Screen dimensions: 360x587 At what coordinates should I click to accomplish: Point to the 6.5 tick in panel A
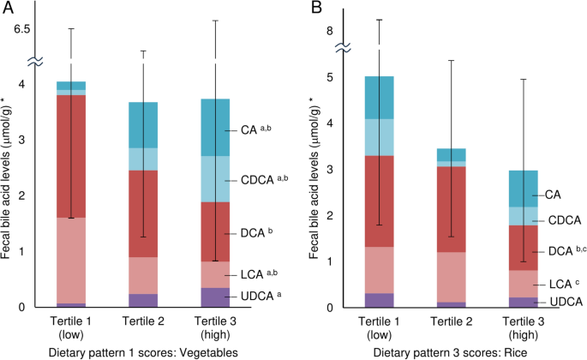click(x=19, y=28)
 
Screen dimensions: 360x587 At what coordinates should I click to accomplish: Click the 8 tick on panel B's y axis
click(x=327, y=31)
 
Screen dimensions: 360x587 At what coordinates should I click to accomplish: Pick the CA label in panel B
click(x=554, y=195)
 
